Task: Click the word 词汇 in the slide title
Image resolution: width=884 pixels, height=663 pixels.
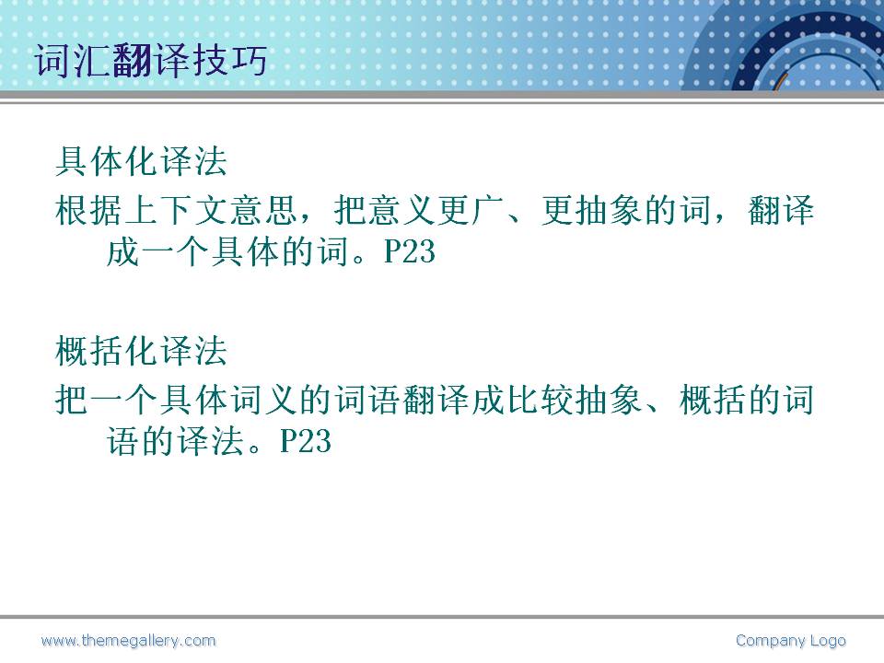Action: coord(72,60)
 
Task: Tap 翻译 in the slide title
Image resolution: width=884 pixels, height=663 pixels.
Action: coord(149,60)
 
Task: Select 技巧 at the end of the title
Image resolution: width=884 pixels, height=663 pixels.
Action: coord(228,60)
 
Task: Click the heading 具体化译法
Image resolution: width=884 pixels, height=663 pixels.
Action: coord(141,161)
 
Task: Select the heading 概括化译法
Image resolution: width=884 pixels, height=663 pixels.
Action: coord(141,351)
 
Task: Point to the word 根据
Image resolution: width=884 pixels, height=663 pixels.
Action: coord(89,210)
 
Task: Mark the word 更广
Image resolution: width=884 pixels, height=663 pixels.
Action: coord(471,210)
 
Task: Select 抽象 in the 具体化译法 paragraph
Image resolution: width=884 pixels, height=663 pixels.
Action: coord(610,210)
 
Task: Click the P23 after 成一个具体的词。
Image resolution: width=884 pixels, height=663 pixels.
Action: coord(409,251)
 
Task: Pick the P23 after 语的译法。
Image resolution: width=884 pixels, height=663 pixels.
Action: coord(305,441)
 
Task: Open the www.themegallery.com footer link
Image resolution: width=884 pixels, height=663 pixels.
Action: coord(128,641)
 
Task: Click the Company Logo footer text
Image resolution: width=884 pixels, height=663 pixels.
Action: coord(790,641)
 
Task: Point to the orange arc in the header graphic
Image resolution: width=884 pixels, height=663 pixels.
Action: coord(780,81)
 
